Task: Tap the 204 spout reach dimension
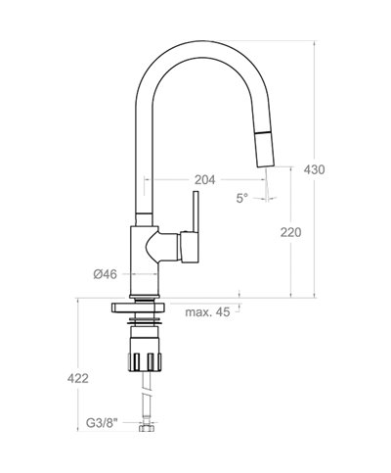pos(205,180)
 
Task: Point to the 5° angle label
pos(241,198)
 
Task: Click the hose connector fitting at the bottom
pos(148,428)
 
